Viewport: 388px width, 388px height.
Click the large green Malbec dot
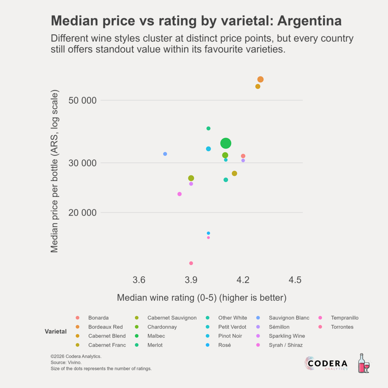tap(226, 143)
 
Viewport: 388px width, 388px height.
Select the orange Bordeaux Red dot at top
tap(260, 79)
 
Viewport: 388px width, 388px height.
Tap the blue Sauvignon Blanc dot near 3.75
tap(165, 154)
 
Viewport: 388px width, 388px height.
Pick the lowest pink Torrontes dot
tap(191, 263)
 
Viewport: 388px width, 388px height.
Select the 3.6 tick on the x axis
tap(139, 280)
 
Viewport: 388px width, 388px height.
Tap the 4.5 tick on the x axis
tap(295, 280)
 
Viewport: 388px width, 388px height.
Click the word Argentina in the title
tap(309, 21)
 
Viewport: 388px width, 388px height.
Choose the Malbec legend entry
tap(156, 336)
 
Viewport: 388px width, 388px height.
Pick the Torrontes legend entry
tap(342, 327)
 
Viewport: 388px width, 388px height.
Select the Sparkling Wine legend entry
tap(287, 336)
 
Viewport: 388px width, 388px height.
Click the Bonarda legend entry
tap(99, 318)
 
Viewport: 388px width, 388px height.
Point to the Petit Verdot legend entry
tap(233, 327)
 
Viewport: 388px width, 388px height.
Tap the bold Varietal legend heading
tap(56, 332)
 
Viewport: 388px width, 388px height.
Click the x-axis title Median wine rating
tap(201, 297)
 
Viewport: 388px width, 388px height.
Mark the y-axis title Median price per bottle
tap(55, 171)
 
